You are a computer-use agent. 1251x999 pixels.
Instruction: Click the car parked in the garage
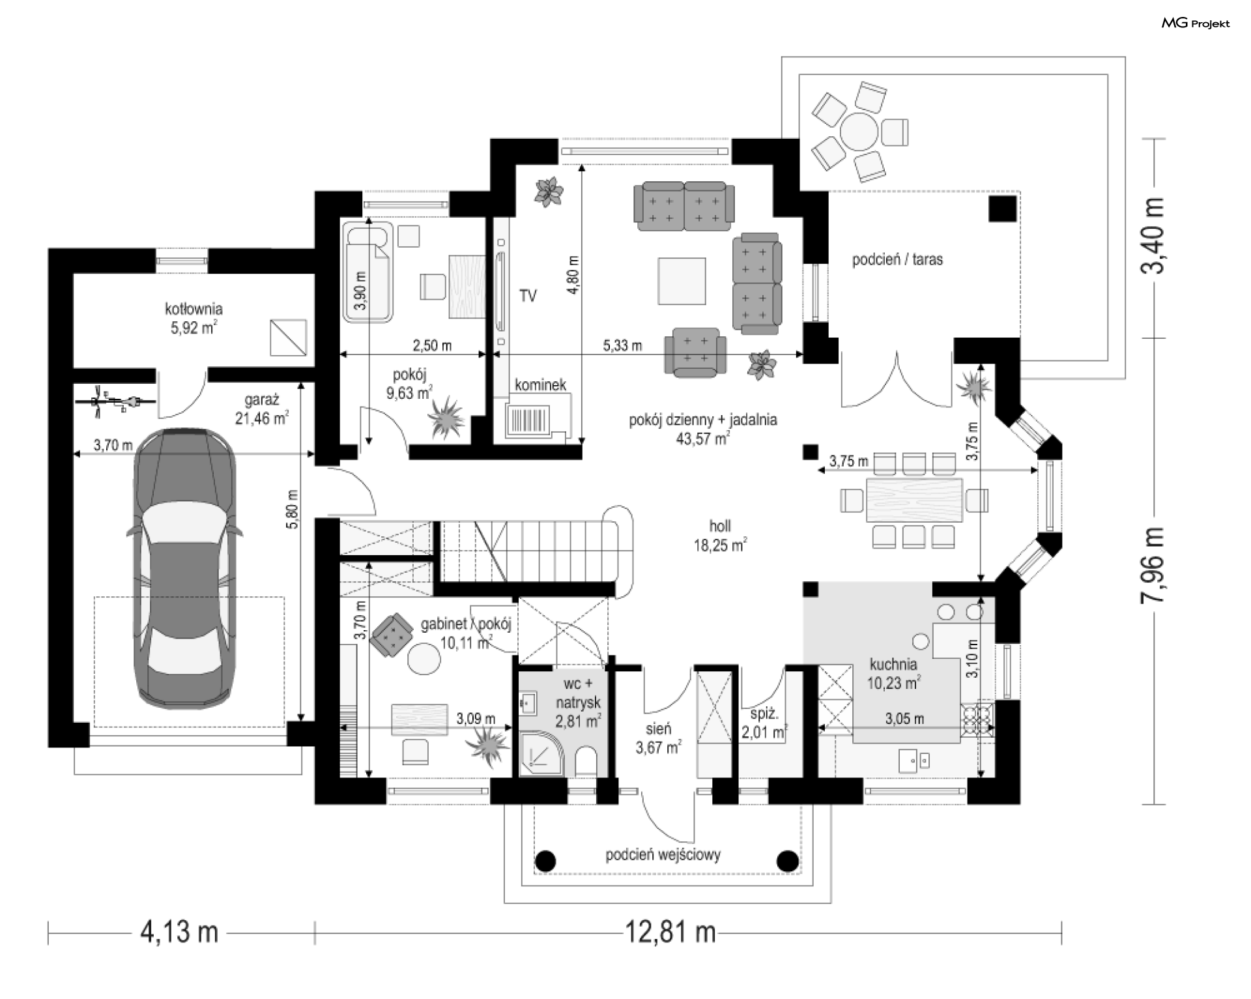point(185,568)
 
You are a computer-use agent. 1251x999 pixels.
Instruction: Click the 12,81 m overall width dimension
point(670,932)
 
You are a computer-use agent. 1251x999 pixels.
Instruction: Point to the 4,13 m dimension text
point(179,932)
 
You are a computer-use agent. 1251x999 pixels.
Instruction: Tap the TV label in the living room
point(528,296)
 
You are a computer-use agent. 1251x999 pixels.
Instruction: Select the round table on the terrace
point(859,132)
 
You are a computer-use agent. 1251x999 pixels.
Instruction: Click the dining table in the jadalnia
point(914,500)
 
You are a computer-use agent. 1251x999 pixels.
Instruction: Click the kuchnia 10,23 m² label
point(893,673)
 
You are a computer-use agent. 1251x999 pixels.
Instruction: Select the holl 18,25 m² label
point(720,535)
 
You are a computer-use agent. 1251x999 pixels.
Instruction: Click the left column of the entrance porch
point(545,861)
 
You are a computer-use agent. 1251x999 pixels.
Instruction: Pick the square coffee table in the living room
point(682,281)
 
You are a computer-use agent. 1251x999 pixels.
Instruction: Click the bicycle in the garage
point(116,402)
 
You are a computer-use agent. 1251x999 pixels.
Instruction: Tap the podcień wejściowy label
point(663,854)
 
